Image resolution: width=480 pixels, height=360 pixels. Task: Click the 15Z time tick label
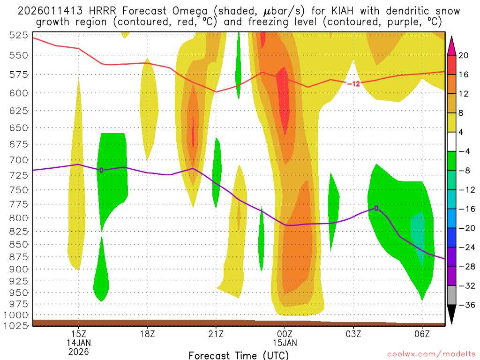click(78, 334)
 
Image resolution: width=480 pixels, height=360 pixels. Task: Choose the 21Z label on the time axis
click(216, 334)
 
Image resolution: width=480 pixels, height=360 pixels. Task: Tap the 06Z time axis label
click(422, 334)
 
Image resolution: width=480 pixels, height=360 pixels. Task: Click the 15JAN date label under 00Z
click(285, 343)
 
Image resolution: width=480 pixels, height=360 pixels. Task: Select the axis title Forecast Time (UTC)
click(239, 355)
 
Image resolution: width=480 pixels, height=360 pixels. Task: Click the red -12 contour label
click(353, 83)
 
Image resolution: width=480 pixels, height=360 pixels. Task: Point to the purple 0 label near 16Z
click(101, 170)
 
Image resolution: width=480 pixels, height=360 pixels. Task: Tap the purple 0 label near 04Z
click(376, 208)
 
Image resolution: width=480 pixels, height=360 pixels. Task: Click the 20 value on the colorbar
click(464, 55)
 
